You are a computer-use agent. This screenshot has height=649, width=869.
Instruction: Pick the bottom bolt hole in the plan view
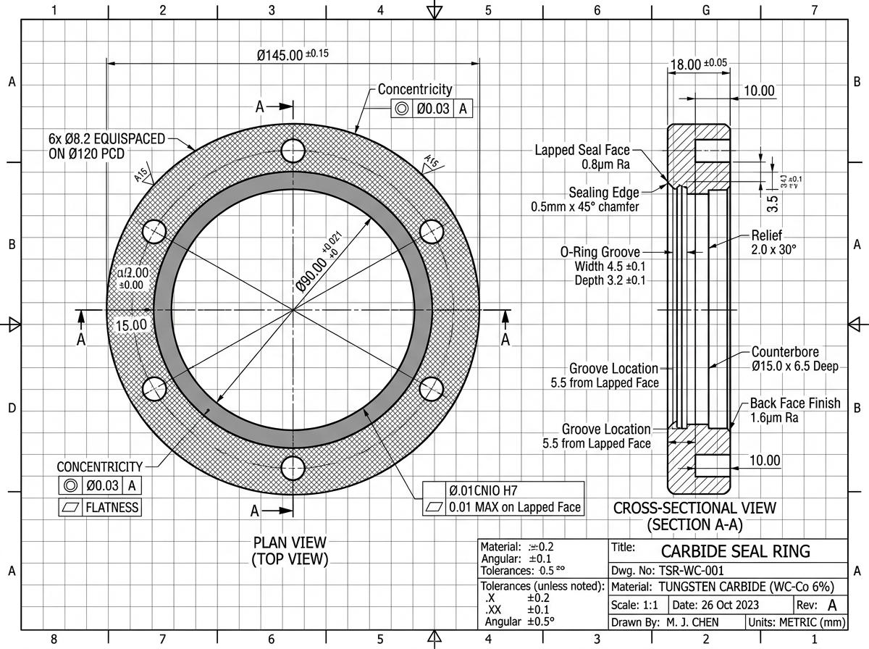[293, 468]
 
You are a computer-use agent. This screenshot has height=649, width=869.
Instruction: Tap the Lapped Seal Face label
[582, 151]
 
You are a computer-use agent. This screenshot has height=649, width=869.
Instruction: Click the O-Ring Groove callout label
[600, 252]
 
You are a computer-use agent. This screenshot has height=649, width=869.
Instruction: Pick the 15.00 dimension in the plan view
[133, 325]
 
